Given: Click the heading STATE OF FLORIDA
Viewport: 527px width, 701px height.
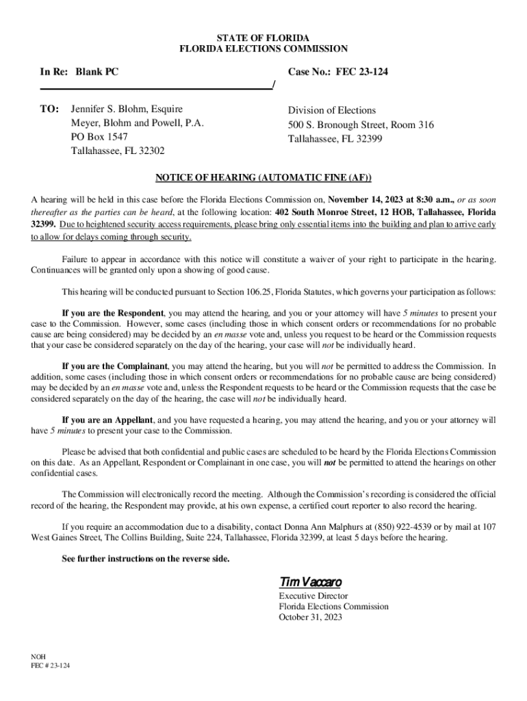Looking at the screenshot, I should point(263,36).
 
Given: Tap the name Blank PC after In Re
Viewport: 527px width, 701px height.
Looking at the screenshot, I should point(97,71).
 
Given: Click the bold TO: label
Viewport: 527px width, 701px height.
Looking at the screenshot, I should point(51,110).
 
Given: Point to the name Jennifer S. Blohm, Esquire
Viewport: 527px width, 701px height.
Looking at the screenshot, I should point(127,110).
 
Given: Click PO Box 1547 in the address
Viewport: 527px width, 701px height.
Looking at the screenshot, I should point(99,137).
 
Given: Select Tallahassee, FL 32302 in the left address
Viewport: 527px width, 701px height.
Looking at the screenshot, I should point(118,151).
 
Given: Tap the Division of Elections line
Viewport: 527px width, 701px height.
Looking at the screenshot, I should point(331,110).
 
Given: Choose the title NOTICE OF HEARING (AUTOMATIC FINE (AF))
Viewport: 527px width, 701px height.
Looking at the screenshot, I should point(263,178).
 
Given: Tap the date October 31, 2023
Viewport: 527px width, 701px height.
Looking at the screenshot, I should point(310,617).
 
